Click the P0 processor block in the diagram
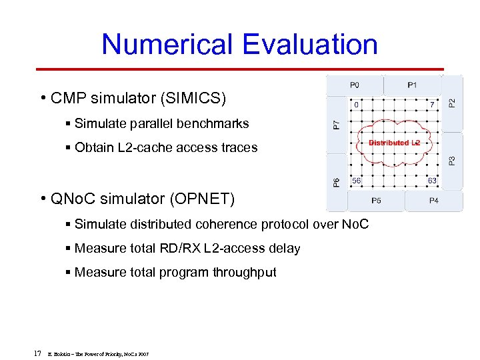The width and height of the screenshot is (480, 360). [355, 85]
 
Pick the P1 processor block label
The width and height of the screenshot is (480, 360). [413, 85]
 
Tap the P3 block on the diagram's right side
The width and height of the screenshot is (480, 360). [452, 161]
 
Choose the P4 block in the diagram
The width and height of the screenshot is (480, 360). [433, 200]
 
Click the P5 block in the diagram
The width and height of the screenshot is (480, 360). [377, 200]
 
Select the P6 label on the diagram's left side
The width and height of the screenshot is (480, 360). [336, 182]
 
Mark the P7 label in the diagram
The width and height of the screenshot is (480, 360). [336, 124]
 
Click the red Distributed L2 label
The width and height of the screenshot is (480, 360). [394, 143]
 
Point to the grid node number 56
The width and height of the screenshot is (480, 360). [357, 181]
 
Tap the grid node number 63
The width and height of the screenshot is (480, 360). [432, 181]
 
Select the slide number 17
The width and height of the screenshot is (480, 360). [37, 353]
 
